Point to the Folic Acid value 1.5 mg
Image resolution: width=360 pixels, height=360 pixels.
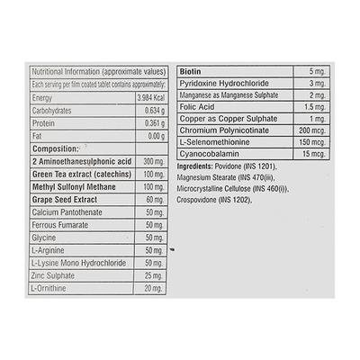click(310, 104)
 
